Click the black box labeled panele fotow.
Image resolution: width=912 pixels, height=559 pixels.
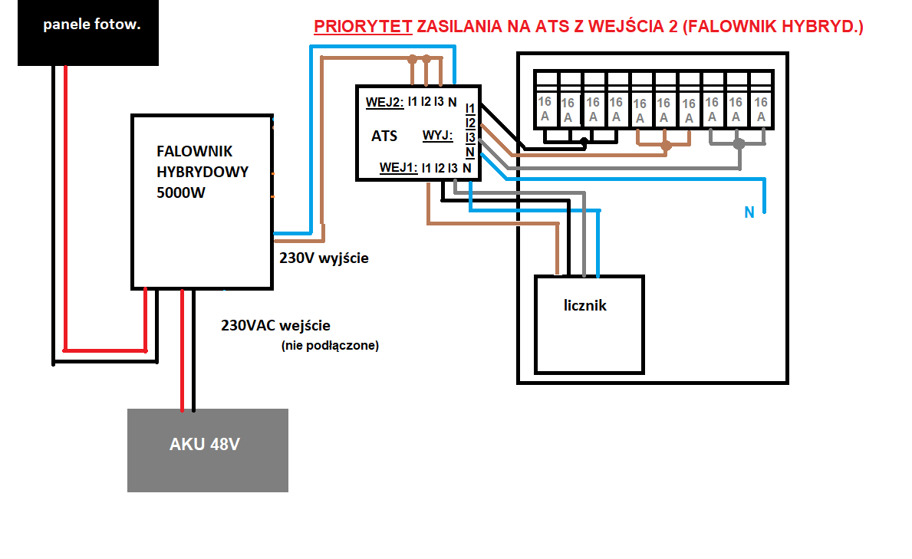[87, 33]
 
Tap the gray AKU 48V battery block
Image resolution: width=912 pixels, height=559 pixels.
[207, 449]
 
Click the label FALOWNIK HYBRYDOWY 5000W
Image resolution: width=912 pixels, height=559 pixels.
[202, 172]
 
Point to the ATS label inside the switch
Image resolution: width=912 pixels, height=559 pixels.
[384, 136]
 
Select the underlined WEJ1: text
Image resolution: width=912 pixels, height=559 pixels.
[398, 167]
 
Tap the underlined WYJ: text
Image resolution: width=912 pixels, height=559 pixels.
[438, 136]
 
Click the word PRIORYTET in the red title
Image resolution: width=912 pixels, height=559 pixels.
[363, 27]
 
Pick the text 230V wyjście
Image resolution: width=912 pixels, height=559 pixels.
[324, 258]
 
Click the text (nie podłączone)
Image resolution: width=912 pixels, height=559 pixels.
[330, 346]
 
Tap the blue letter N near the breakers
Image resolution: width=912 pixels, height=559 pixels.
[749, 212]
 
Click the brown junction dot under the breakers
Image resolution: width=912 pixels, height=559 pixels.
[666, 145]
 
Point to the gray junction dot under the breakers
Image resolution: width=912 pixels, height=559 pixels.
[739, 143]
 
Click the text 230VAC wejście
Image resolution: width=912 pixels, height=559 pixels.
[275, 325]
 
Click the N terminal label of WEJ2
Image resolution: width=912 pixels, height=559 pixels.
[453, 101]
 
